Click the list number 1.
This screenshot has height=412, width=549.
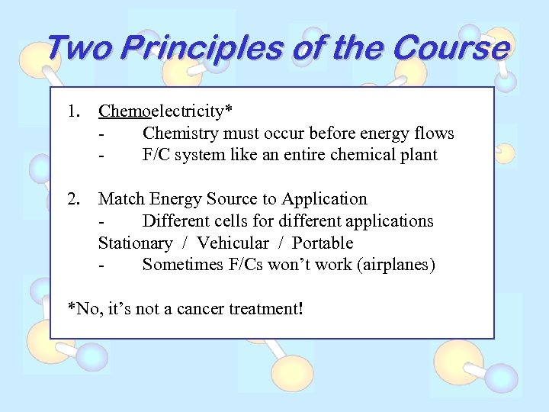(x=73, y=111)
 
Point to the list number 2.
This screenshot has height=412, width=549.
(x=73, y=199)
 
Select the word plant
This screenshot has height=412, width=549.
(x=419, y=156)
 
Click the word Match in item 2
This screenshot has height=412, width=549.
(x=121, y=199)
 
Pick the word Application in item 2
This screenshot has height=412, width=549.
(x=324, y=199)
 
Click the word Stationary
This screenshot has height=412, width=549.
(x=136, y=243)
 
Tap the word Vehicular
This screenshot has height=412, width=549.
(x=233, y=243)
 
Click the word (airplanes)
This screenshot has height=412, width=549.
(x=396, y=266)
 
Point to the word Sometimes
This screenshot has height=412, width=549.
(x=181, y=266)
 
